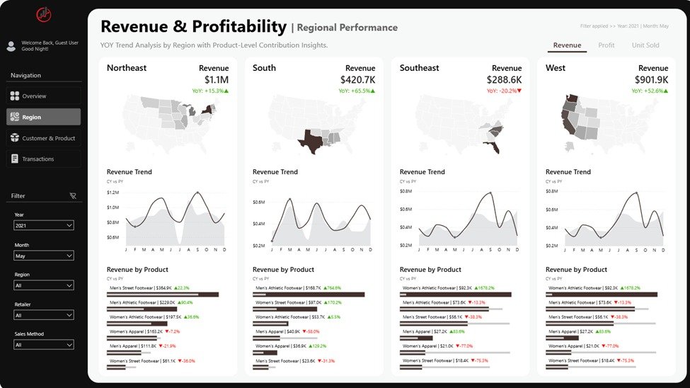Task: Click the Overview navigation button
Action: [43, 96]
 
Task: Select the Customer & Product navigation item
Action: [43, 138]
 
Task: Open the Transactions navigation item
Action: [43, 159]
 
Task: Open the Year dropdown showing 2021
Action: [43, 225]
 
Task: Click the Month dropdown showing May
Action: [43, 255]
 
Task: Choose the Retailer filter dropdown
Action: [43, 315]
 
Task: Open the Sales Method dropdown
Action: [43, 345]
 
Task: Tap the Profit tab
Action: [606, 45]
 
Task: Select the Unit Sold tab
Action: [645, 45]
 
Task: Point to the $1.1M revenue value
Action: [217, 80]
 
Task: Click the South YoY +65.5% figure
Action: [357, 91]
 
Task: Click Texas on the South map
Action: [310, 139]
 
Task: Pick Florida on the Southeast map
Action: [493, 147]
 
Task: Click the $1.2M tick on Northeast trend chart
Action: [113, 193]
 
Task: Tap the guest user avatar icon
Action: [11, 46]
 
